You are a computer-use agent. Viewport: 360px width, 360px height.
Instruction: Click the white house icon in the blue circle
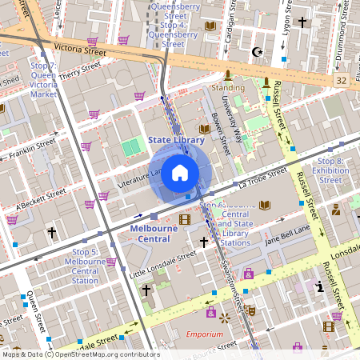pyautogui.click(x=180, y=172)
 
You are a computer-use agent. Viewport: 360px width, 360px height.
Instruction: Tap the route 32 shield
pyautogui.click(x=342, y=81)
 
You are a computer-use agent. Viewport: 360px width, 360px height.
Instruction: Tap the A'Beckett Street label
pyautogui.click(x=34, y=196)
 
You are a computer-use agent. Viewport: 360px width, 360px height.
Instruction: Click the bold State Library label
pyautogui.click(x=177, y=140)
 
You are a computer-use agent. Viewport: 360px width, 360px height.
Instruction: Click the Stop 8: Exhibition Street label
pyautogui.click(x=330, y=170)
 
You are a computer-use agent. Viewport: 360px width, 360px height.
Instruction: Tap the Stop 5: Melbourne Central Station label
pyautogui.click(x=85, y=266)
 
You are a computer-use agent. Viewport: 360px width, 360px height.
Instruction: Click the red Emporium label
pyautogui.click(x=204, y=334)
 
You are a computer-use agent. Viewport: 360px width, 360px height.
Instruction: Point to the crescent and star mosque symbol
pyautogui.click(x=257, y=52)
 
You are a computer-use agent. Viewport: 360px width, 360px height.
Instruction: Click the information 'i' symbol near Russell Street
pyautogui.click(x=320, y=286)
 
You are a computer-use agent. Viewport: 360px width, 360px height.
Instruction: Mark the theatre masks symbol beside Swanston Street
pyautogui.click(x=250, y=310)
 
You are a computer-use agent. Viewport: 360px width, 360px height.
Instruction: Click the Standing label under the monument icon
pyautogui.click(x=228, y=87)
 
